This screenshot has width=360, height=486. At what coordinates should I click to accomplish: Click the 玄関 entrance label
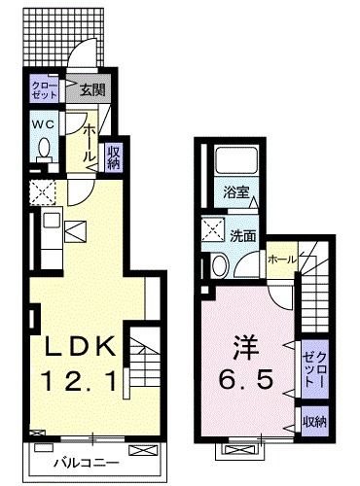[x=91, y=91]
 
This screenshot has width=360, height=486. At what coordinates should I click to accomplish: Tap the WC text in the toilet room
[x=43, y=125]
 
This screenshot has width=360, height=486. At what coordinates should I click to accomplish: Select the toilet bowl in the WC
[x=44, y=151]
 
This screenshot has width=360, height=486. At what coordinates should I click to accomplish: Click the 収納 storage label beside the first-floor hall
[x=114, y=156]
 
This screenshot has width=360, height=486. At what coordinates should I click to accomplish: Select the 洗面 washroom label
[x=243, y=235]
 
